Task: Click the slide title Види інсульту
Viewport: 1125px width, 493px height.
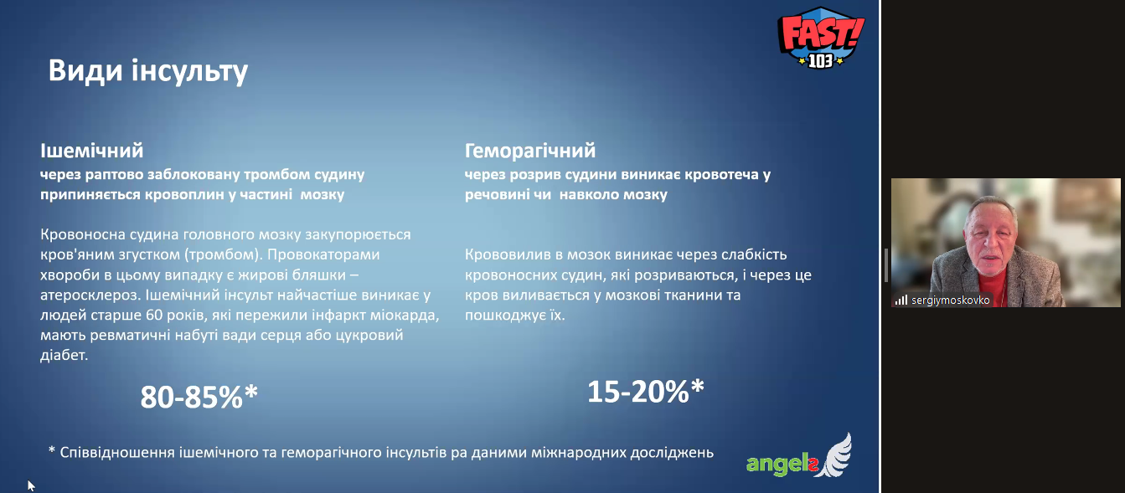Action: (148, 71)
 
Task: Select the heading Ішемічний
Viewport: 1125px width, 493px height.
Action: (92, 151)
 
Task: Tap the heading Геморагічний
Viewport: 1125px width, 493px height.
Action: (530, 151)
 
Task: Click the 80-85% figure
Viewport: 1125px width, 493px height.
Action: (199, 397)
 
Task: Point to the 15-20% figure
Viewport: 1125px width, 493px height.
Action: (646, 391)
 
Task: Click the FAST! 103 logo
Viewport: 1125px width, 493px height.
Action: (821, 38)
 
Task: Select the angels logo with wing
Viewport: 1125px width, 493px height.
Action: (799, 456)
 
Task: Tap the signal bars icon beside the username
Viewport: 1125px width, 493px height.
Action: (901, 300)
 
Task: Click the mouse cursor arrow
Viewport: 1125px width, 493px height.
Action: (31, 485)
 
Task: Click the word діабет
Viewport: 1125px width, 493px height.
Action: (65, 356)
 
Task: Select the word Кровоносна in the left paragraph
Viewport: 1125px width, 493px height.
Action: (83, 234)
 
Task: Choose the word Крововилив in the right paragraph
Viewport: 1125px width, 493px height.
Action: (508, 254)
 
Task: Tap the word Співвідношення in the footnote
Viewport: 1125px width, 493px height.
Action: (117, 453)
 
